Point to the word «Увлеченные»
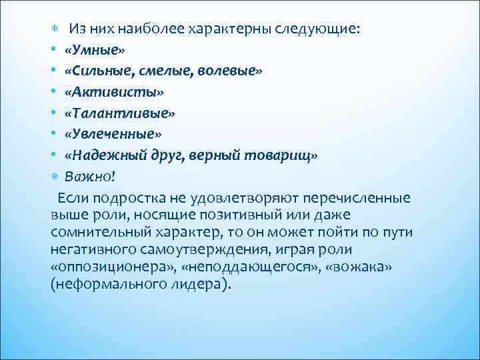click(112, 134)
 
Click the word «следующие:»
click(317, 29)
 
